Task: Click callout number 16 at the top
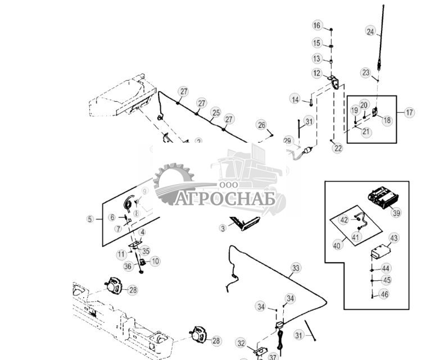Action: click(317, 26)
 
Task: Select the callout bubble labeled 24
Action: click(370, 32)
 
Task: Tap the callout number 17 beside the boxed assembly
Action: click(409, 112)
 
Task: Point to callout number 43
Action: click(393, 239)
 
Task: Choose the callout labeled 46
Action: click(384, 294)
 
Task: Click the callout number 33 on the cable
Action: click(296, 268)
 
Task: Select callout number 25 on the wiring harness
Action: click(215, 112)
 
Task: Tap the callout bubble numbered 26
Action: click(261, 125)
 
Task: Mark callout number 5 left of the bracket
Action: click(90, 219)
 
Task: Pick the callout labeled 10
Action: click(155, 261)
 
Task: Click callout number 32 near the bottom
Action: click(241, 343)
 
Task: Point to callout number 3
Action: click(223, 228)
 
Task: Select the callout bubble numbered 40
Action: click(337, 245)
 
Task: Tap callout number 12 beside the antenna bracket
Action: click(317, 74)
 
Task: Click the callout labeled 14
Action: click(295, 99)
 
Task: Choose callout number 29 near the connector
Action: click(288, 140)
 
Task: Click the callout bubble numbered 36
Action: click(128, 266)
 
